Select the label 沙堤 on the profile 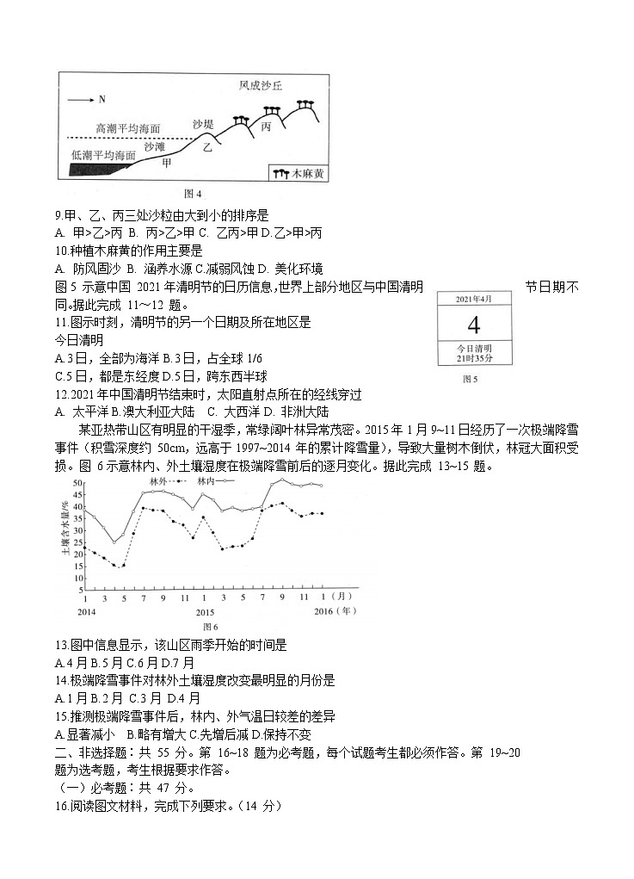203,124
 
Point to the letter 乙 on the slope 207,147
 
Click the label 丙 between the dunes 266,127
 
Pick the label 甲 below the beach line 167,162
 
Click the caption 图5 471,379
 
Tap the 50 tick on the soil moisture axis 77,483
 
